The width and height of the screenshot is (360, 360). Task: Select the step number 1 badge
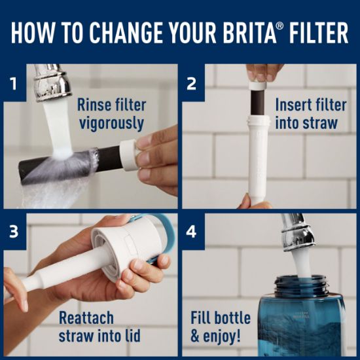click(13, 83)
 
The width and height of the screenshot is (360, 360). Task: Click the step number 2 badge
click(191, 83)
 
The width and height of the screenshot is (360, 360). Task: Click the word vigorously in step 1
click(111, 122)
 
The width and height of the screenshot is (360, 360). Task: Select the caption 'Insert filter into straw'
click(306, 113)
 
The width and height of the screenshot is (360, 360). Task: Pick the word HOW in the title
click(32, 33)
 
